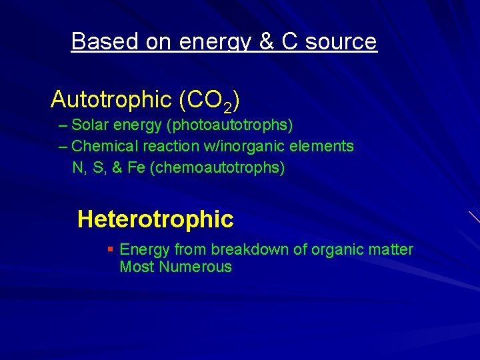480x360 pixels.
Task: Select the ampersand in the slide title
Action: (x=266, y=41)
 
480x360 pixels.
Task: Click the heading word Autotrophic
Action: (x=111, y=100)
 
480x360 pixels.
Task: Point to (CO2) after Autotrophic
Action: (x=209, y=101)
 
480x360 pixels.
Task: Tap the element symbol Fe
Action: (x=136, y=167)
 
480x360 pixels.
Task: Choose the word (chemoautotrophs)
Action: (x=218, y=168)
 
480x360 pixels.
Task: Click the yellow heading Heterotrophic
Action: (x=155, y=219)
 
